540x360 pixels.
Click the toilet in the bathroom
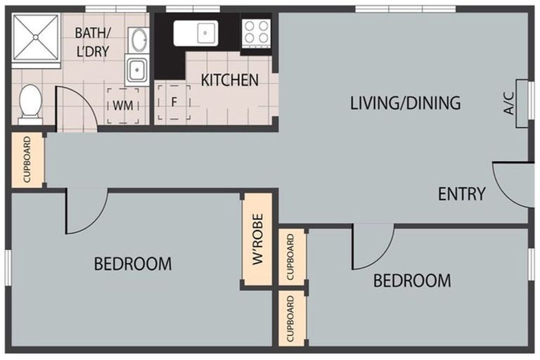pos(30,104)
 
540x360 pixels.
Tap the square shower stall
pos(36,37)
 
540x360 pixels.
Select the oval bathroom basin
pos(139,40)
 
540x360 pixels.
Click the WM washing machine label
pos(123,105)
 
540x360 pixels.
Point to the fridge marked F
pos(174,103)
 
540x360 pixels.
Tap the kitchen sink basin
pos(195,33)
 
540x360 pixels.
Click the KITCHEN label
pos(230,80)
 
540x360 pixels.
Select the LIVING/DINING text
pos(405,103)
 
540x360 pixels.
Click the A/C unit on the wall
pos(522,103)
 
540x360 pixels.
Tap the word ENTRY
pos(461,194)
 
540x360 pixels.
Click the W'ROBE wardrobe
pos(257,239)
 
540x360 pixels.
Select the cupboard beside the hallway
pos(27,160)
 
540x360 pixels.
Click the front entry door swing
pos(513,185)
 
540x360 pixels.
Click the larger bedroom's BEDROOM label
pos(133,264)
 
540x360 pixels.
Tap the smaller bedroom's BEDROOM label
pos(412,281)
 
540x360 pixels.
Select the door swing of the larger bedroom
pos(86,211)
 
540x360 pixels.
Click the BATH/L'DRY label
pos(93,42)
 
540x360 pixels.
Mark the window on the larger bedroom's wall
pos(8,268)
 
